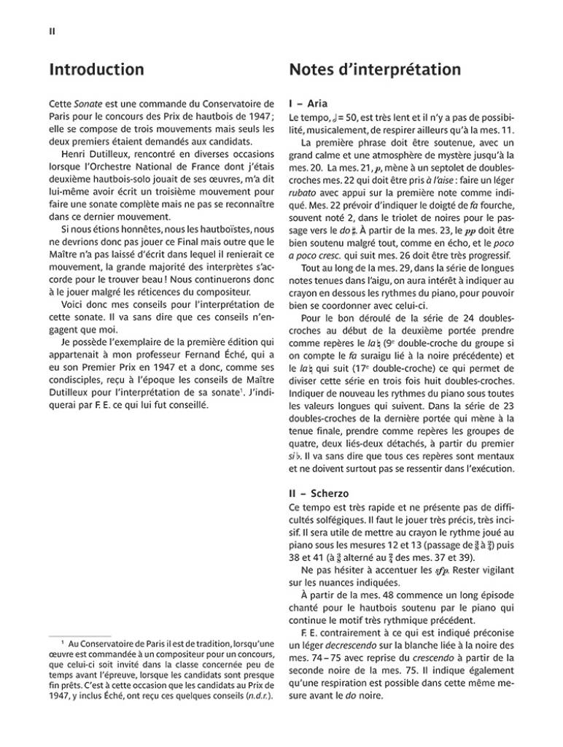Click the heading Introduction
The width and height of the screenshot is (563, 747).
click(x=96, y=70)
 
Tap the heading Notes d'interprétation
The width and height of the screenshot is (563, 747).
click(x=374, y=70)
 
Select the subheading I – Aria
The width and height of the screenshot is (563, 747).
click(x=313, y=104)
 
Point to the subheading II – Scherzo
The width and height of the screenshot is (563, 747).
click(x=321, y=493)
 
